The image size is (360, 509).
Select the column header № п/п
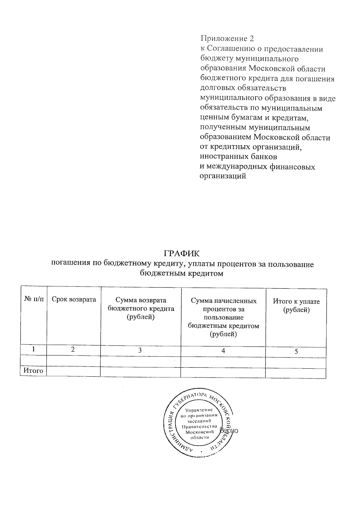coord(33,299)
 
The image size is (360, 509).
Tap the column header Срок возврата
coord(74,299)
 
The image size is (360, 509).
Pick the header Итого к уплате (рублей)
coord(296,306)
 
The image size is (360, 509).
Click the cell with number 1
coord(34,349)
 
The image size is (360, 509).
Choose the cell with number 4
coord(223,351)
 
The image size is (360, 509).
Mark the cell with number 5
coord(296,352)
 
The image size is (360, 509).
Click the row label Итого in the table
coord(33,371)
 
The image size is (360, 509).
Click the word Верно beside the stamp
coord(229,431)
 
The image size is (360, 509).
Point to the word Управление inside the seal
coord(199,410)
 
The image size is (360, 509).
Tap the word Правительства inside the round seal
coord(199,427)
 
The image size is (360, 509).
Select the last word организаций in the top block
coord(223,176)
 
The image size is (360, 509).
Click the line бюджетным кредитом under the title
coord(181,273)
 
